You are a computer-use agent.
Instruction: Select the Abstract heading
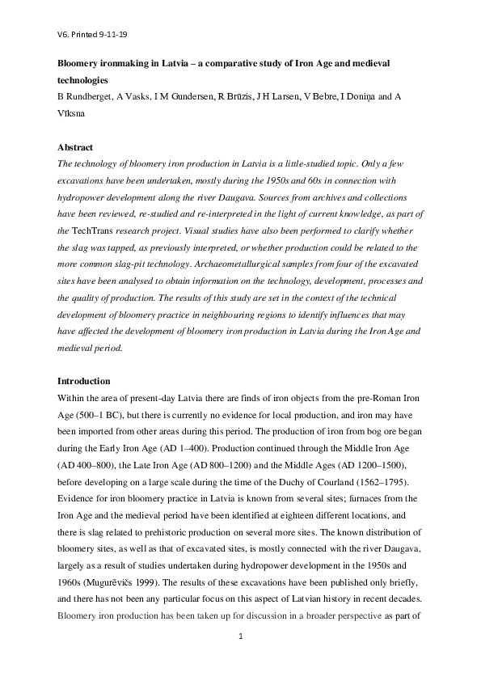[75, 147]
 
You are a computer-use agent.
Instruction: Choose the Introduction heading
[83, 380]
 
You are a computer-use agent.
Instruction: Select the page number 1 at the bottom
[240, 637]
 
